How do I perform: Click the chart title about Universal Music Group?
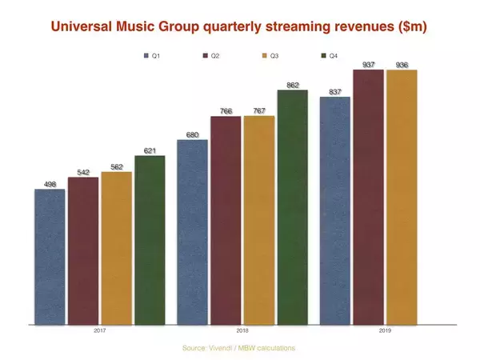[x=239, y=27]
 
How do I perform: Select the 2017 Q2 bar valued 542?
[x=83, y=250]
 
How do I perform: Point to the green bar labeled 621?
[x=150, y=240]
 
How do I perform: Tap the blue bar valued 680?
[x=192, y=232]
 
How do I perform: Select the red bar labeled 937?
[x=368, y=197]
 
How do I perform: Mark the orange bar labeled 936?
[x=402, y=197]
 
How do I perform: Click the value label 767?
[x=258, y=111]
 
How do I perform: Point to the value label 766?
[x=225, y=111]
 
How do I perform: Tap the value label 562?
[x=116, y=166]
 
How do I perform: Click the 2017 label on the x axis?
[x=100, y=330]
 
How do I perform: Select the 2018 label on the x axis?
[x=242, y=330]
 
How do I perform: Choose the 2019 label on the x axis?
[x=385, y=330]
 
